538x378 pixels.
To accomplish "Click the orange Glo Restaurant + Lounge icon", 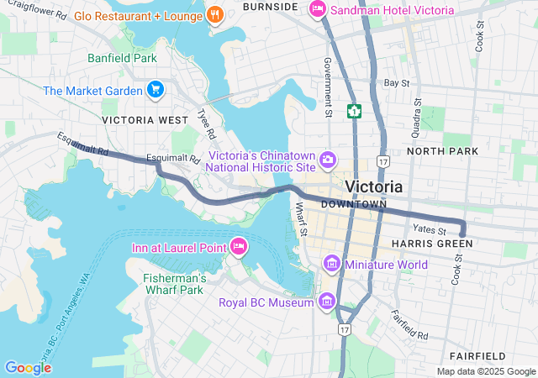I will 215,14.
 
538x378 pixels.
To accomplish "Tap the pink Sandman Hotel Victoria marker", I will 317,9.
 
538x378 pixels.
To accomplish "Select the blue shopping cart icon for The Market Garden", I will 155,89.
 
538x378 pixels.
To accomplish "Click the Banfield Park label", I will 122,59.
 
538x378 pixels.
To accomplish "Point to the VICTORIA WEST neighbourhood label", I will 145,120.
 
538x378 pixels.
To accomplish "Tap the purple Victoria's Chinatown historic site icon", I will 328,159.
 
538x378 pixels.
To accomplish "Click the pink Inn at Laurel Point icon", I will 238,247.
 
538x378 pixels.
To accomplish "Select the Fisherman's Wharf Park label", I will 174,284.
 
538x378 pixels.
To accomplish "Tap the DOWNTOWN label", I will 353,204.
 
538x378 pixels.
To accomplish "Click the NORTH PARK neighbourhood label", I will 442,151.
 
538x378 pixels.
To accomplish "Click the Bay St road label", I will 396,83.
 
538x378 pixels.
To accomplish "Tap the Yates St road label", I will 429,228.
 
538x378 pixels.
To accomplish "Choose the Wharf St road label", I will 301,220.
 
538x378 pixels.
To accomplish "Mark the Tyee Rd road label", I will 206,123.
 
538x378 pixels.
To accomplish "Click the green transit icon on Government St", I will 356,110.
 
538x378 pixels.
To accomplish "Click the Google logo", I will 28,367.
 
